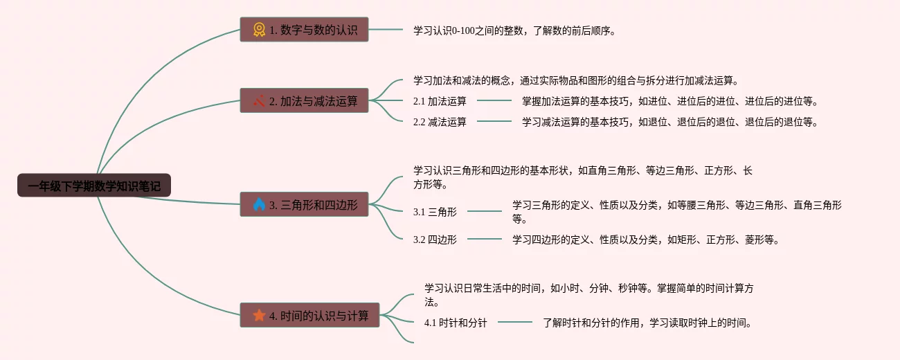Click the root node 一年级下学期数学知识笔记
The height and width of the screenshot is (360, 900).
93,186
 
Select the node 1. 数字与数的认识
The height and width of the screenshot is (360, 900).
304,30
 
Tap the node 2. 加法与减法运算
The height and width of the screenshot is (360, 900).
304,101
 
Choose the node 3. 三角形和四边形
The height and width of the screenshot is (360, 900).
304,204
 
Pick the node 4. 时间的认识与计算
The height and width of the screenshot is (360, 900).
309,315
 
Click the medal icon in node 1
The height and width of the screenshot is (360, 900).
259,30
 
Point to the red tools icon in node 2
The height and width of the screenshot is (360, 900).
259,101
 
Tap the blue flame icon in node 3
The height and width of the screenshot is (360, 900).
259,204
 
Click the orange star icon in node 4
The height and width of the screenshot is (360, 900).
259,315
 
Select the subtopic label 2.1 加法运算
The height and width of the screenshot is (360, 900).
440,101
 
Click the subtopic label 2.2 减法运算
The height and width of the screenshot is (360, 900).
440,122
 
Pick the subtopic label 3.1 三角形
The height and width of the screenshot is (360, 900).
435,212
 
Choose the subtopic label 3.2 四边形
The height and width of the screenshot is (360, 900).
435,240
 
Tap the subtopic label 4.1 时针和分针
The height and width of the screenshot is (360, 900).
456,323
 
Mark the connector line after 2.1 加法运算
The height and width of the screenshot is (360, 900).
494,101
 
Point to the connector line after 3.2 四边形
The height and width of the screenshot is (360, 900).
485,240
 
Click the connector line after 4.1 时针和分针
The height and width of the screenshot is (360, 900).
515,323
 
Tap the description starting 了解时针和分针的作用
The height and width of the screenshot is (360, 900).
647,323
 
